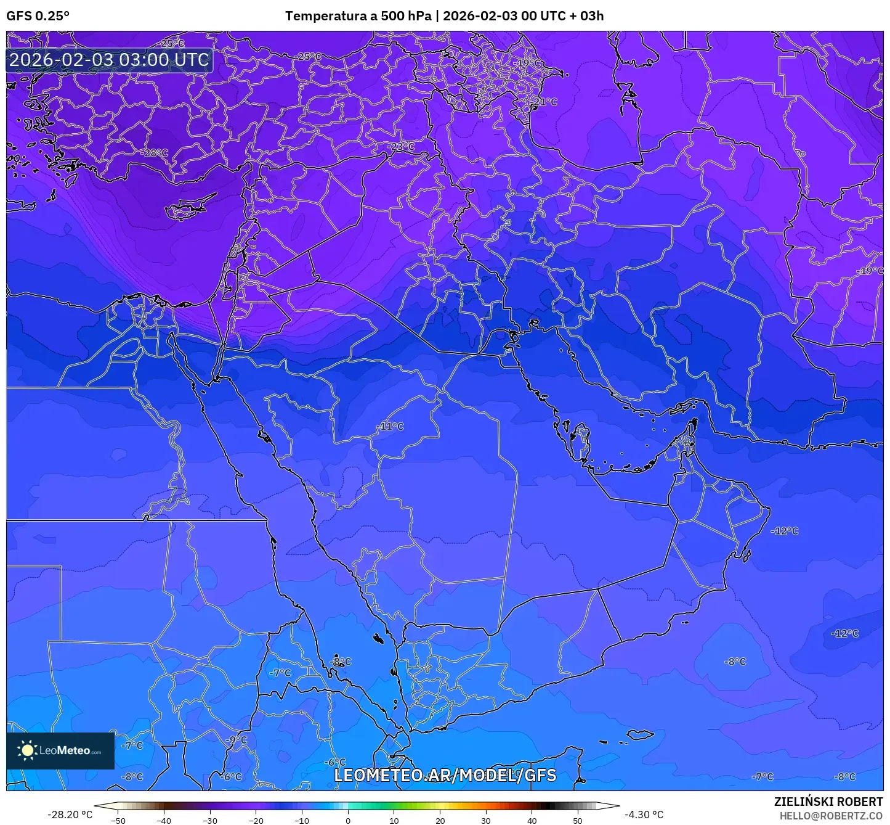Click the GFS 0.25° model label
38,16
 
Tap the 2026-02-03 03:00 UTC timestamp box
110,60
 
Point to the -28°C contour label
155,153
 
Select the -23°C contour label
403,147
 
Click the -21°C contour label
545,102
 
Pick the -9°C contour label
236,740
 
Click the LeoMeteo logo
60,750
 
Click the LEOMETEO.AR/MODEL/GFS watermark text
445,775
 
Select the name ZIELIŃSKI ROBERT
828,802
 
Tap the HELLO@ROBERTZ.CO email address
831,815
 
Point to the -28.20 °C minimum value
70,815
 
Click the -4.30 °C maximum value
644,815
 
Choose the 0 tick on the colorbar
348,821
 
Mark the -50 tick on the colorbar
118,821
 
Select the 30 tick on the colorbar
486,821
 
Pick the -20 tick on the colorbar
256,821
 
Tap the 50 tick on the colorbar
578,821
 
